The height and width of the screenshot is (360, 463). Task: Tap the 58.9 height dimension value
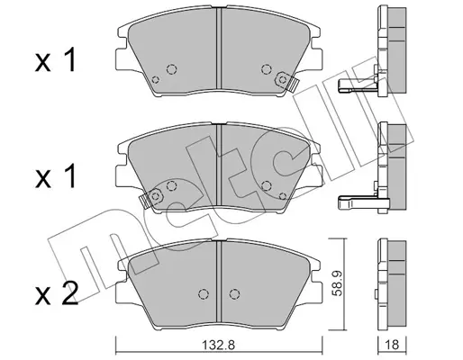click(x=338, y=283)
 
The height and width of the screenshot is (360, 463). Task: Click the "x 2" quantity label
click(x=57, y=293)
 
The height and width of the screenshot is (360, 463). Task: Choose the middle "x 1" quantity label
click(x=55, y=177)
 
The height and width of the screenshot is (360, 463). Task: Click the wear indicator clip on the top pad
click(x=286, y=81)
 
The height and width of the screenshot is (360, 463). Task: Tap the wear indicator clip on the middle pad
click(x=152, y=197)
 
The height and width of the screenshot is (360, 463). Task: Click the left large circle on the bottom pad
click(x=204, y=293)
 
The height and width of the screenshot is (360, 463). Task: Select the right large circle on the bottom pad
click(x=234, y=293)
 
